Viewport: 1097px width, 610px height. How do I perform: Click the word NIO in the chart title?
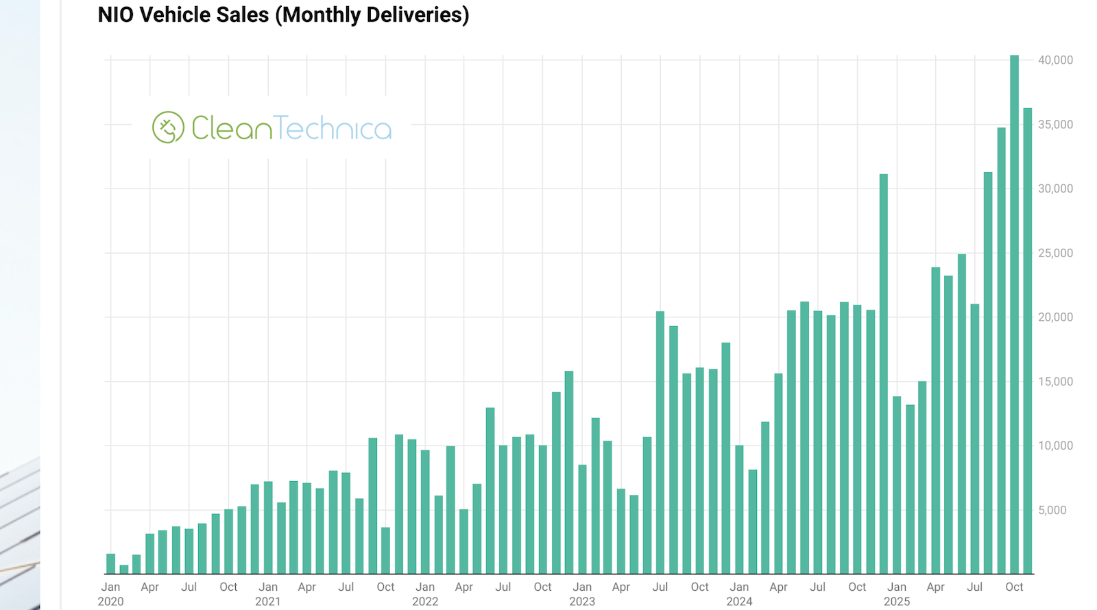coord(115,15)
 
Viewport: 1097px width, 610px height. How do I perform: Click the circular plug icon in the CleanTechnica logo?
coord(168,127)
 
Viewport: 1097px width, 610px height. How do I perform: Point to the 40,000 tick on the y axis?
coord(1055,60)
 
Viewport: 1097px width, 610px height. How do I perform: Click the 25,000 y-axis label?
coord(1055,253)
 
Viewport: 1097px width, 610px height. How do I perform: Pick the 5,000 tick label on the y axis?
coord(1052,510)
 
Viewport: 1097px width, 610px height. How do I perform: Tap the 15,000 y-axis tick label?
coord(1055,382)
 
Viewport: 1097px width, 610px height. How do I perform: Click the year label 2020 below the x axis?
coord(110,601)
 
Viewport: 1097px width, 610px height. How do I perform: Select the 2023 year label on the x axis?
coord(582,601)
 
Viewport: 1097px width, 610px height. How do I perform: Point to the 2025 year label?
coord(897,601)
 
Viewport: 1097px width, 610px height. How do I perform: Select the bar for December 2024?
coord(884,374)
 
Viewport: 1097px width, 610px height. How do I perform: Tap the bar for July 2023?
coord(660,442)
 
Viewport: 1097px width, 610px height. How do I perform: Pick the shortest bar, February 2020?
coord(124,570)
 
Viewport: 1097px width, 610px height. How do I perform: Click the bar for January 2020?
coord(111,563)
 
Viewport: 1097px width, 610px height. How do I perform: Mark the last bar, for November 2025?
coord(1028,341)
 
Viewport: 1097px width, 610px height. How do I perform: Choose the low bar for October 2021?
coord(386,550)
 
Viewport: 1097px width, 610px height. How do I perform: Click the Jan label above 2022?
coord(425,587)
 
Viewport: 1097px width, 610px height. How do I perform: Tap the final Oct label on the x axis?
coord(1014,587)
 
